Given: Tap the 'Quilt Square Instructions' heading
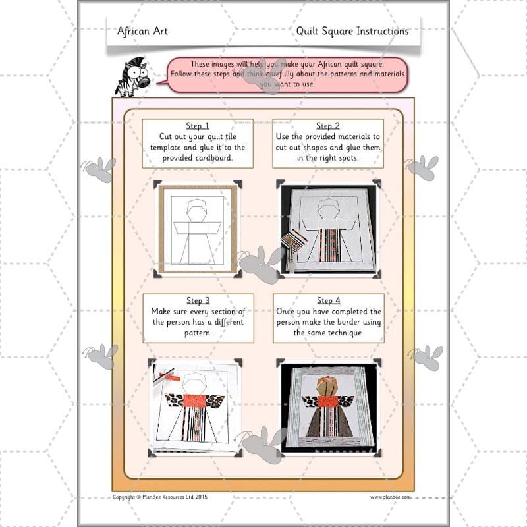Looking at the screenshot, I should [x=352, y=31].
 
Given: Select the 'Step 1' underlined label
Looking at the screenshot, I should [x=198, y=126].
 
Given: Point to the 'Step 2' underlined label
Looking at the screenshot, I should [x=328, y=126].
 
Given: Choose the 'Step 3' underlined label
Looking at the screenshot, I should [x=198, y=301].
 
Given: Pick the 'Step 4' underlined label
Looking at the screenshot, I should [x=328, y=301].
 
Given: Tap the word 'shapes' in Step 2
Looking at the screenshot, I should [x=318, y=148].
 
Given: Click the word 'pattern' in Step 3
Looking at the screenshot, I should [x=198, y=333].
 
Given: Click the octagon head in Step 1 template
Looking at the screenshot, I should [x=197, y=211].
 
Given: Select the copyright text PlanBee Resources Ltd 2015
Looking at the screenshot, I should [x=160, y=497].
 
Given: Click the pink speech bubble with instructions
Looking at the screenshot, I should [x=287, y=74].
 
